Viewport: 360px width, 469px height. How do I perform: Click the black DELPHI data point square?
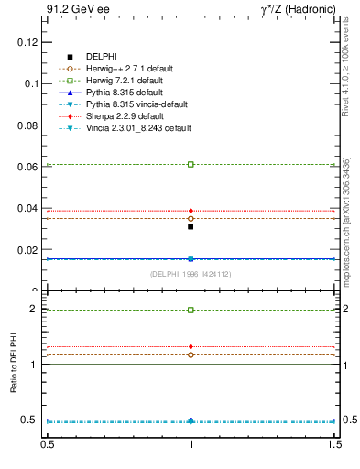click(x=191, y=226)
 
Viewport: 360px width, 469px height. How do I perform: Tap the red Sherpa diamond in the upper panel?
click(x=191, y=211)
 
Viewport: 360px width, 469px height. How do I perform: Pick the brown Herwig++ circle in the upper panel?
click(x=191, y=219)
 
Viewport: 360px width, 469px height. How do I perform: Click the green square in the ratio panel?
click(x=191, y=310)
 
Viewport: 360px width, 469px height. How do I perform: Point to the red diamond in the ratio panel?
click(x=191, y=346)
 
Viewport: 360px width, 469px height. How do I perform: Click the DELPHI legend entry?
click(x=101, y=57)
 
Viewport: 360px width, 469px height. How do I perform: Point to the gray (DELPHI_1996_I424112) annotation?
click(x=191, y=274)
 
